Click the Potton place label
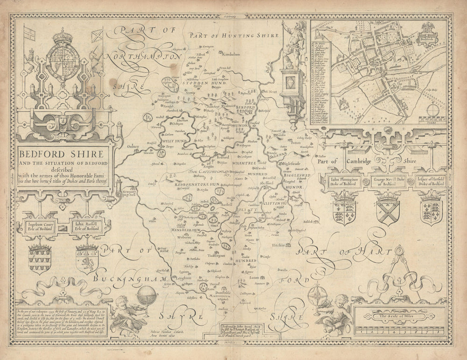point(296,143)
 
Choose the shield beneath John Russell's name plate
point(87,258)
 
